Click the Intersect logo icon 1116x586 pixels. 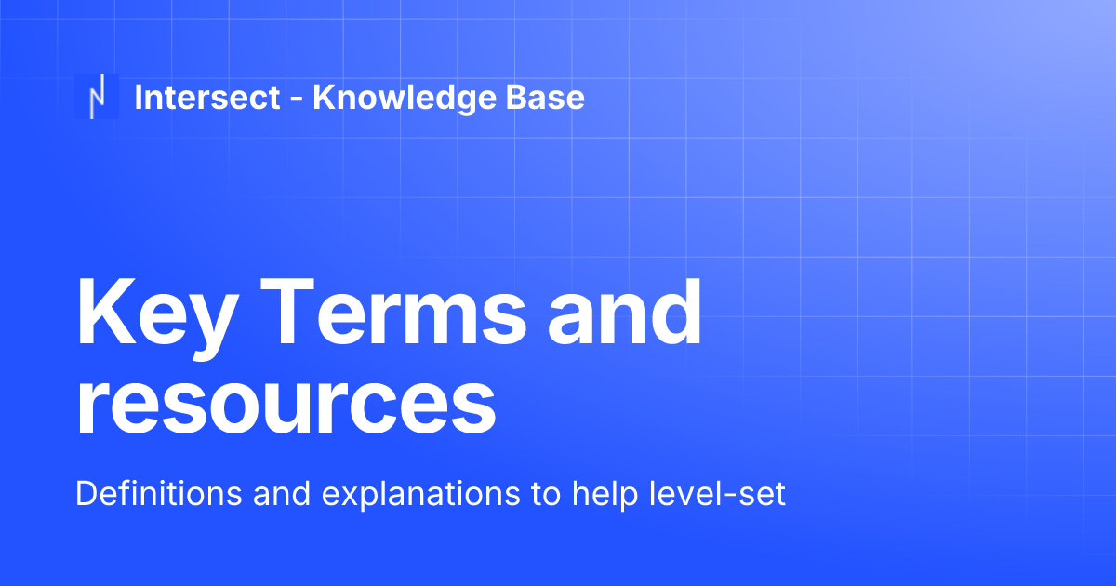point(96,97)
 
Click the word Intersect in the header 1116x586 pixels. point(206,98)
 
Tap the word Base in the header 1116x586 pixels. point(546,98)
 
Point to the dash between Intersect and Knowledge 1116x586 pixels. point(296,100)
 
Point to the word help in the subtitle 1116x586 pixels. point(591,494)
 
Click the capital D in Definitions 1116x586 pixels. point(85,494)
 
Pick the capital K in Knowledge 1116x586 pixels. point(323,98)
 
